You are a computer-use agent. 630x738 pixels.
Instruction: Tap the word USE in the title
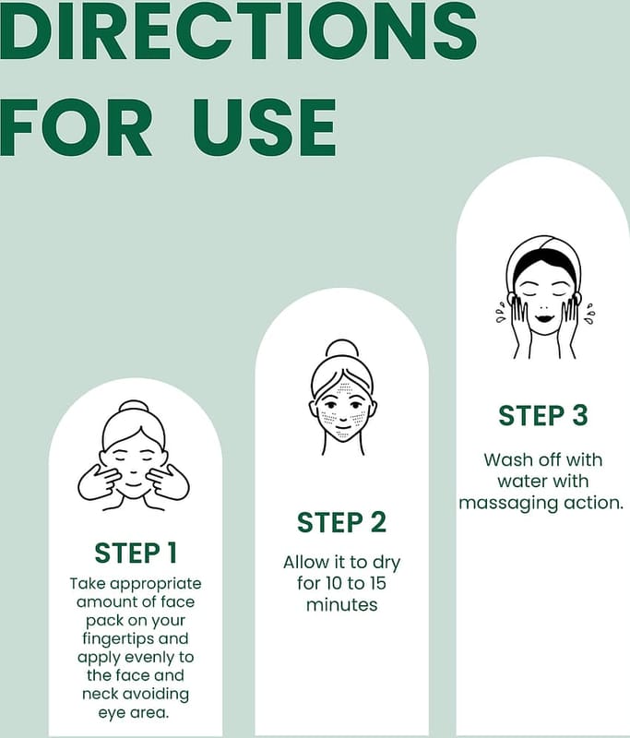[x=265, y=128]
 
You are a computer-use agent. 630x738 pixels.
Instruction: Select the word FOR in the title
[x=77, y=128]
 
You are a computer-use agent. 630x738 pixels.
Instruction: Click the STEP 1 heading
[x=136, y=553]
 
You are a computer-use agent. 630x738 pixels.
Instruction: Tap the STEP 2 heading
[x=341, y=522]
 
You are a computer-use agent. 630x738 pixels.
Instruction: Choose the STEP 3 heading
[x=543, y=416]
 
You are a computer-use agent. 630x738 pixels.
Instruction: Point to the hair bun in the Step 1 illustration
[x=133, y=406]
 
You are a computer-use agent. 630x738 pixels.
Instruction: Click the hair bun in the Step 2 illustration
[x=342, y=348]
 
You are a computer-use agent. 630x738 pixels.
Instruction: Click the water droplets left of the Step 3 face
[x=501, y=315]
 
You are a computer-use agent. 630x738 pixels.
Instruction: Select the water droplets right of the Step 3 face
[x=589, y=314]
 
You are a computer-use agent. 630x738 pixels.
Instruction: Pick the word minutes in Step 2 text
[x=341, y=605]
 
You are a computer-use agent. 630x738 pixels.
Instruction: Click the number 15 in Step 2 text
[x=375, y=583]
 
